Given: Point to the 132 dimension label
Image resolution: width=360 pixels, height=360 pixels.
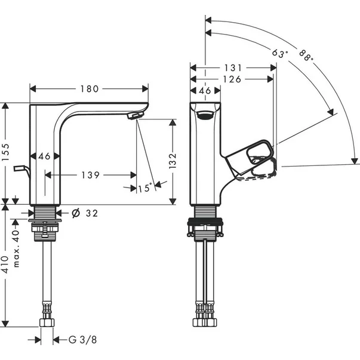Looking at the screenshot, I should tap(173, 161).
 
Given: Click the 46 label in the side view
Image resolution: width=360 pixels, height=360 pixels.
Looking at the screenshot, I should tap(44, 156).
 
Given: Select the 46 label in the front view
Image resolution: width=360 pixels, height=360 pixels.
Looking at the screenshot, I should tap(205, 91).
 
